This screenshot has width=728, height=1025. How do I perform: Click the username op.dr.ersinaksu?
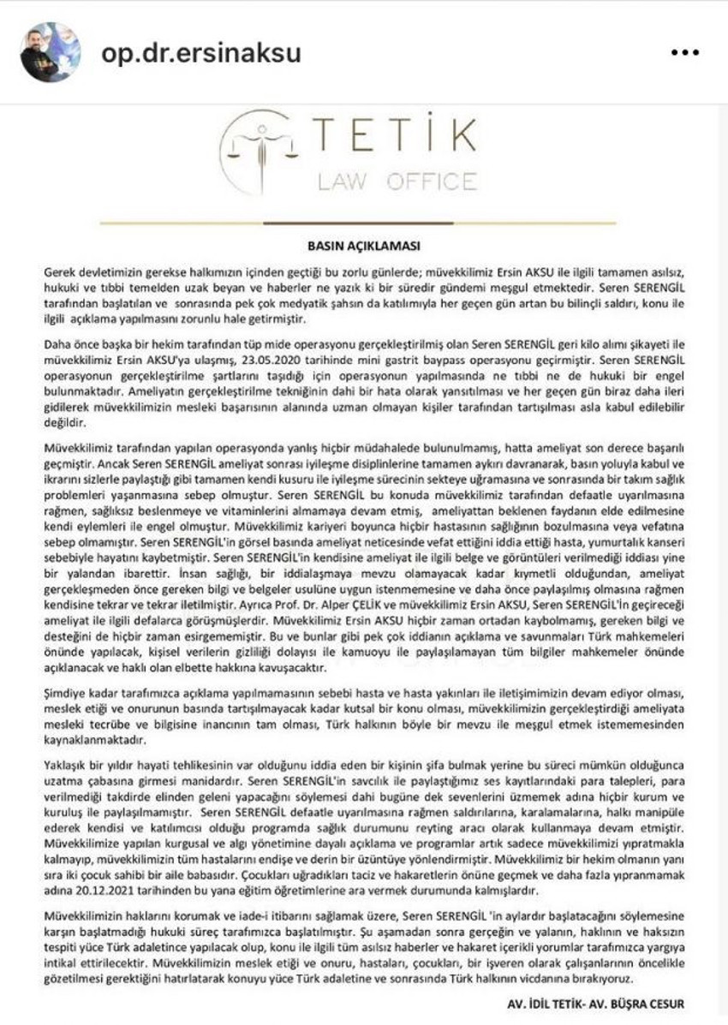201,52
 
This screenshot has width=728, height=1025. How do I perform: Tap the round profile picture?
51,51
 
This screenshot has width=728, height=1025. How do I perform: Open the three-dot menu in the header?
685,52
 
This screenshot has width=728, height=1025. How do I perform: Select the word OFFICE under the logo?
433,181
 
